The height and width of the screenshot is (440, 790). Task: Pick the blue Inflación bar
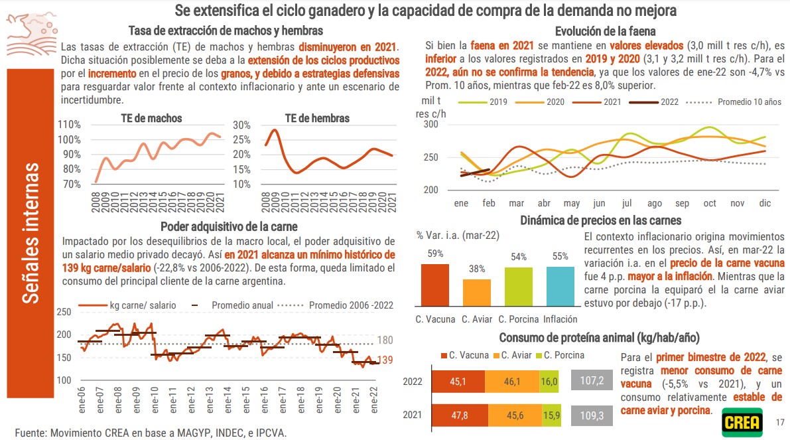click(x=560, y=286)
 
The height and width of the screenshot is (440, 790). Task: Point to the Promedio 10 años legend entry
click(x=736, y=102)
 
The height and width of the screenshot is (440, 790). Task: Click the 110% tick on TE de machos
click(x=70, y=125)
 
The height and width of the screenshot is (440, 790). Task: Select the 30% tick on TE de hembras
click(x=241, y=125)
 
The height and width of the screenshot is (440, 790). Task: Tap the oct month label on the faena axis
click(x=710, y=203)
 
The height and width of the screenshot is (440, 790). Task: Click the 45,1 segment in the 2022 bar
click(x=458, y=382)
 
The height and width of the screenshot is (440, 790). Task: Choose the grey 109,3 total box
click(x=592, y=415)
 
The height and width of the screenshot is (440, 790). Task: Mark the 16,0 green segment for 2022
click(x=549, y=382)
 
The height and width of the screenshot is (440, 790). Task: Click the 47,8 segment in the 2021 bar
click(x=458, y=415)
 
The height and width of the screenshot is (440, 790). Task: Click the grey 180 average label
click(x=385, y=340)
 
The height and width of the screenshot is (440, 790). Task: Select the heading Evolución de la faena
click(x=606, y=31)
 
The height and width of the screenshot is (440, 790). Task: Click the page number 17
click(x=780, y=422)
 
